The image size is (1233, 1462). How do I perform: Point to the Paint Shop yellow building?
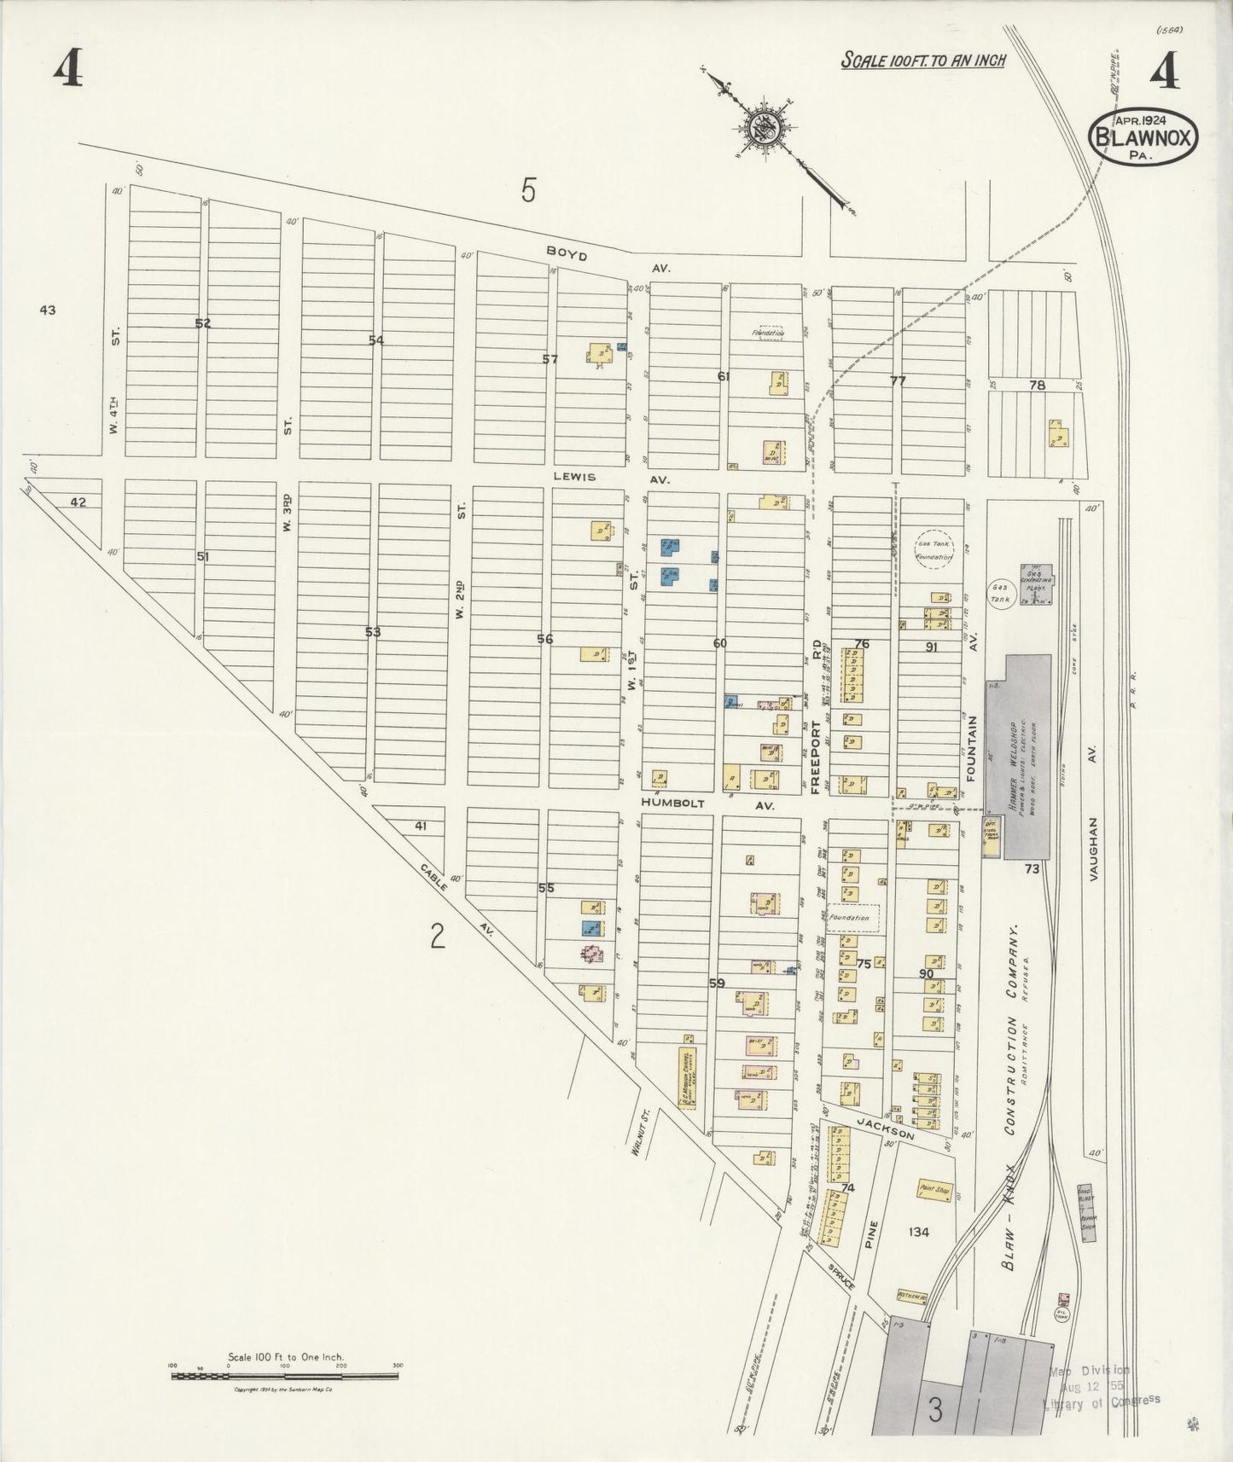[x=934, y=1187]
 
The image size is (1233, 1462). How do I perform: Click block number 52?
[x=202, y=323]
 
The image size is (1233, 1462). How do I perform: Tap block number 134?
[x=919, y=1232]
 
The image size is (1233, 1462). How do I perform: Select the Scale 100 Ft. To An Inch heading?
[x=922, y=60]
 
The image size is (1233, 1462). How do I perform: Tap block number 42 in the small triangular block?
[x=79, y=502]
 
